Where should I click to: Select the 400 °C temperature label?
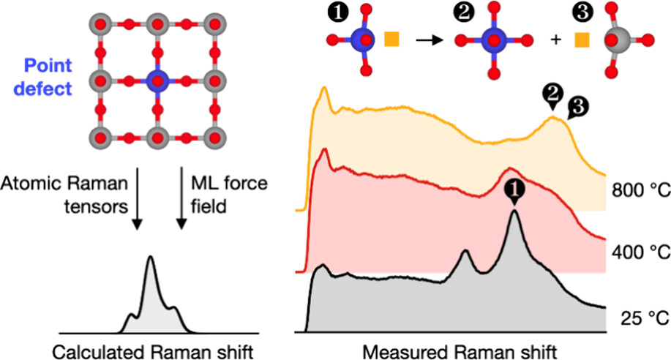pyautogui.click(x=642, y=252)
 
